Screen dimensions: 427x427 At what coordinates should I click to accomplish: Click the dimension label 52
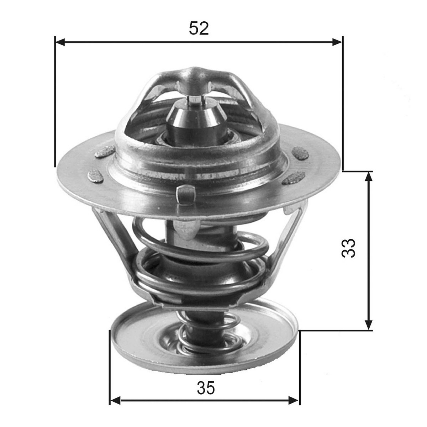point(199,28)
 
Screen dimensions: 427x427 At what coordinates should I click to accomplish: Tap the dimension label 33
point(349,248)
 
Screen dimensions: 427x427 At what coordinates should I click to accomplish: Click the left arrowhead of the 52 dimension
point(60,42)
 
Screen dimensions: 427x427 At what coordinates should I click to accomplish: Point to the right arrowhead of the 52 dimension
point(337,42)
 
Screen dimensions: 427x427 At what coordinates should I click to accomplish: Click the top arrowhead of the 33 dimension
point(368,177)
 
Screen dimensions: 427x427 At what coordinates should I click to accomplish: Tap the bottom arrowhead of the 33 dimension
point(368,325)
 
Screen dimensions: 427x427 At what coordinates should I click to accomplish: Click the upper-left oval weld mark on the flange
point(105,152)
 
